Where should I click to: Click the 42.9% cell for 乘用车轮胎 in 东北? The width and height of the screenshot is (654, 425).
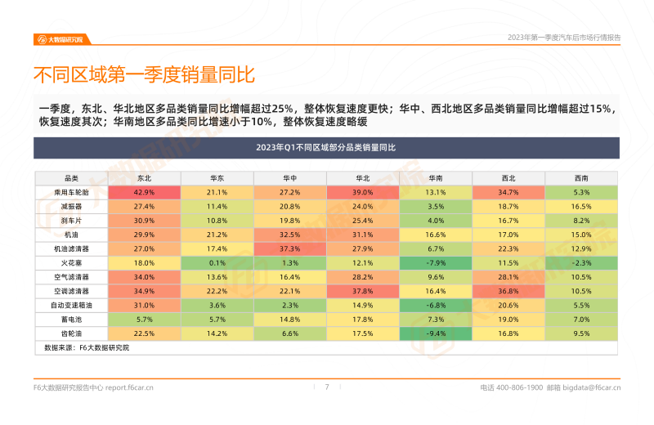144,192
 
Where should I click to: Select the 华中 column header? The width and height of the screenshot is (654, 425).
289,177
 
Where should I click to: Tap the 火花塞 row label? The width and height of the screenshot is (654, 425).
71,262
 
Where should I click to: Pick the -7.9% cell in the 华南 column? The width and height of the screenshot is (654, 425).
435,262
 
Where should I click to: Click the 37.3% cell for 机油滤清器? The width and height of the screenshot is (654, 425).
289,248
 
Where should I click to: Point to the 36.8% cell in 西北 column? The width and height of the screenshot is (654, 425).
508,291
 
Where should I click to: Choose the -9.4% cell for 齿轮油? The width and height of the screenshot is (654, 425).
435,333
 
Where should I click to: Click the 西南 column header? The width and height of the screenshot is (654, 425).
580,177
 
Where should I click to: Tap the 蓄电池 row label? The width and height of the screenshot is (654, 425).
71,320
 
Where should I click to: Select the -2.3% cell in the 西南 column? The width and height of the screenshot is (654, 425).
580,262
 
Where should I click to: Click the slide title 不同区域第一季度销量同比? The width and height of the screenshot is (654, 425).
144,75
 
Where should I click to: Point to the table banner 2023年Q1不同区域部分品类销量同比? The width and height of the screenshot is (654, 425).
325,148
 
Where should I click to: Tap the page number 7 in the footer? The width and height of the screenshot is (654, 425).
327,387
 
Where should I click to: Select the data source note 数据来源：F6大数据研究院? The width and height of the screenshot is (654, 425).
87,347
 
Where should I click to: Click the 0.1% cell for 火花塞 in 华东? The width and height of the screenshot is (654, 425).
217,262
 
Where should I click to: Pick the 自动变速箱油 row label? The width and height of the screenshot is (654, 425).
71,305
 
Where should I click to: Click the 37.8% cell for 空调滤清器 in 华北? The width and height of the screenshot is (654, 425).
362,291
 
